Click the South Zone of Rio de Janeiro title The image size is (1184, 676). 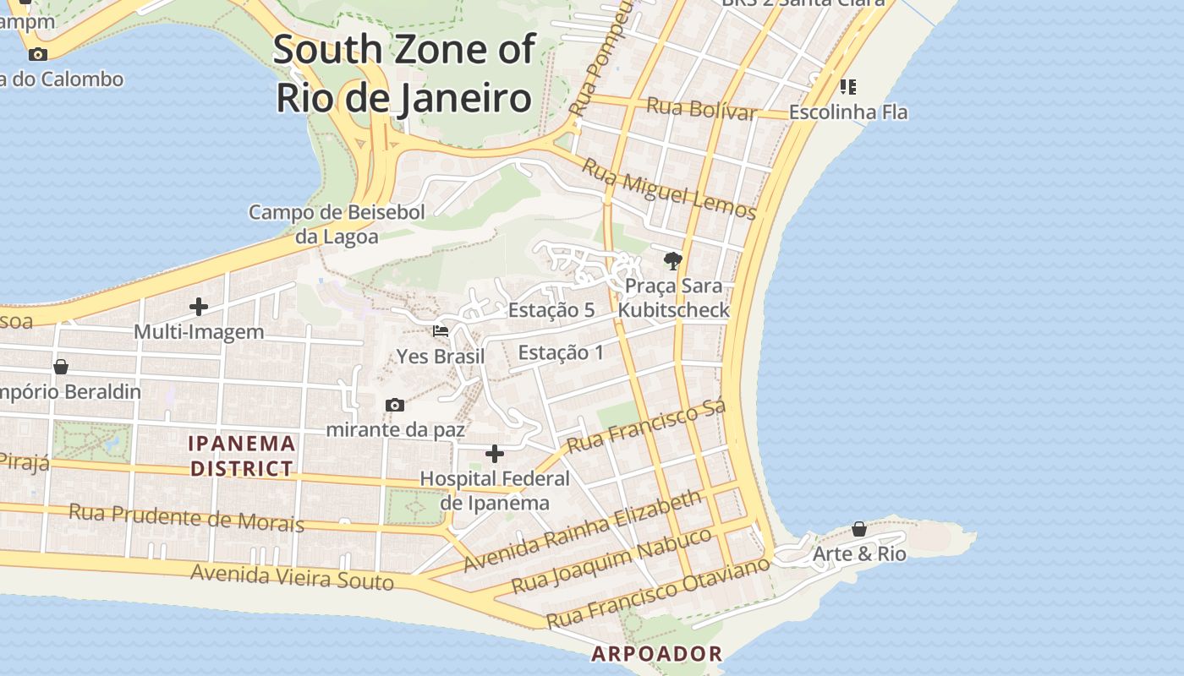[404, 74]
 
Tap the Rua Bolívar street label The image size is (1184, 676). [701, 109]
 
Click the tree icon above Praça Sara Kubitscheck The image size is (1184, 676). [673, 260]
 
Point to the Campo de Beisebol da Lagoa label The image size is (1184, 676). [337, 224]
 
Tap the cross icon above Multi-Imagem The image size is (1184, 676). [199, 306]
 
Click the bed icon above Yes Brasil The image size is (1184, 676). [441, 330]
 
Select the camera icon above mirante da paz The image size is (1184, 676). [394, 405]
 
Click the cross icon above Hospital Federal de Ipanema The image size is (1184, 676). [495, 454]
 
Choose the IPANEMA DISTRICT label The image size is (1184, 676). [242, 455]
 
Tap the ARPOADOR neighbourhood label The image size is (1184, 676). [657, 653]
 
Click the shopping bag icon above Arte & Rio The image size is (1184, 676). [859, 529]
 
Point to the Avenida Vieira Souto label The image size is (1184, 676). [292, 577]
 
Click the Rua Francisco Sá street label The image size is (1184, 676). [646, 428]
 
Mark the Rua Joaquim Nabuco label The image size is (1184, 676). [612, 561]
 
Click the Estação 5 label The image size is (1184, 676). [551, 310]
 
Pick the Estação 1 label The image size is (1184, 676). [561, 352]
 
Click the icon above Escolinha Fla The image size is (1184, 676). [848, 86]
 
